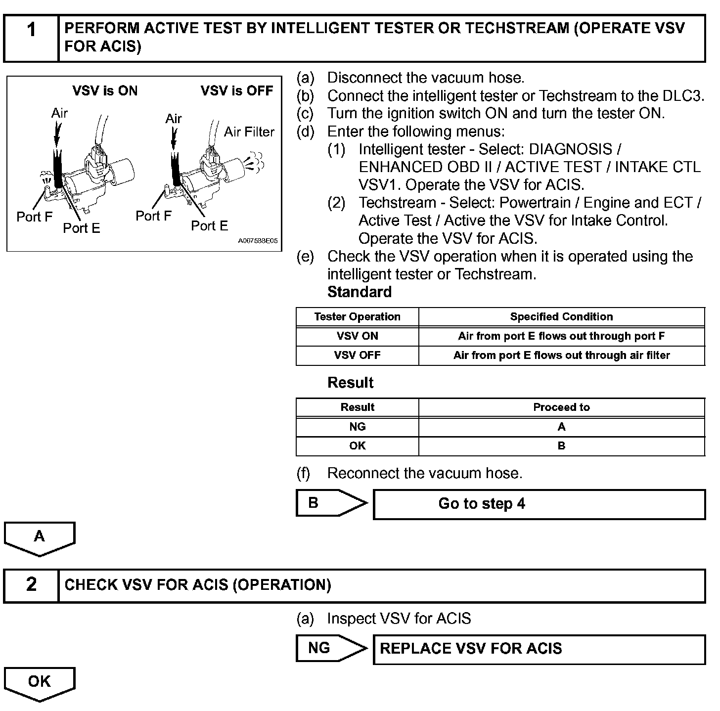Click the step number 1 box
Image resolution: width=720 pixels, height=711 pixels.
point(31,38)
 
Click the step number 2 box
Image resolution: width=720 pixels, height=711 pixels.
point(31,585)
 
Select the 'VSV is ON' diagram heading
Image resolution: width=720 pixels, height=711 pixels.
point(105,91)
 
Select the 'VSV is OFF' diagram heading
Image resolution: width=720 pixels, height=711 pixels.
point(237,91)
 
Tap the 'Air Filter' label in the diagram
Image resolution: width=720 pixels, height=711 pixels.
point(249,132)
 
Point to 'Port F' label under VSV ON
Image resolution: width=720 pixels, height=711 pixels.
point(34,217)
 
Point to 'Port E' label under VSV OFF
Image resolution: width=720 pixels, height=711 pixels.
point(209,226)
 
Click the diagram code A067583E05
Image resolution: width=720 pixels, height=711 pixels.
point(258,241)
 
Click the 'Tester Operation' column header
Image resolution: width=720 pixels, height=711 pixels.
point(357,317)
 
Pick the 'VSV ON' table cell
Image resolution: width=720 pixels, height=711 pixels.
point(357,336)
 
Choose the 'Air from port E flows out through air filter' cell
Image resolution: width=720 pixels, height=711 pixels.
point(561,355)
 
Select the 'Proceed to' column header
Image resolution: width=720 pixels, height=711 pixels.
point(561,407)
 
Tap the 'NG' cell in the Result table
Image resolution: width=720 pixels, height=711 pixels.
point(357,427)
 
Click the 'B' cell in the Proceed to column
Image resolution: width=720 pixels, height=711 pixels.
point(561,446)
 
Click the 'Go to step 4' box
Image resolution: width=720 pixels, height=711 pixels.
point(539,504)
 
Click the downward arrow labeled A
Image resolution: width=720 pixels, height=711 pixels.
point(40,538)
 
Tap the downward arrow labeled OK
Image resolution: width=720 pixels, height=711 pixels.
point(40,683)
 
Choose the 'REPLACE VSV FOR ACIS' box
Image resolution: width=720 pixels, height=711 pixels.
point(539,649)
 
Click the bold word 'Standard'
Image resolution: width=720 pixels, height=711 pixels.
point(359,292)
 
